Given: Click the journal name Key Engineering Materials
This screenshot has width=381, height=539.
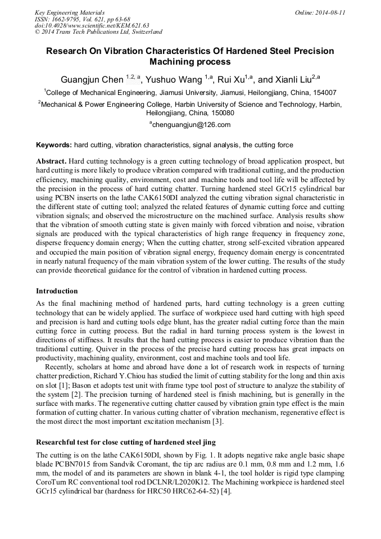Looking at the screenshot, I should [x=70, y=12].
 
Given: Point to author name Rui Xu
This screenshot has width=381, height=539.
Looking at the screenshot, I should [x=233, y=80].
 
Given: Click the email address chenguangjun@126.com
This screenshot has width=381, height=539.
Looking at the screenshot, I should [x=192, y=125].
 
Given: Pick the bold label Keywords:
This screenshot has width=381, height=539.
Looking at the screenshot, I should [x=54, y=144].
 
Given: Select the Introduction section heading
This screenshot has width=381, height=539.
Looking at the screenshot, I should [x=57, y=291].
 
